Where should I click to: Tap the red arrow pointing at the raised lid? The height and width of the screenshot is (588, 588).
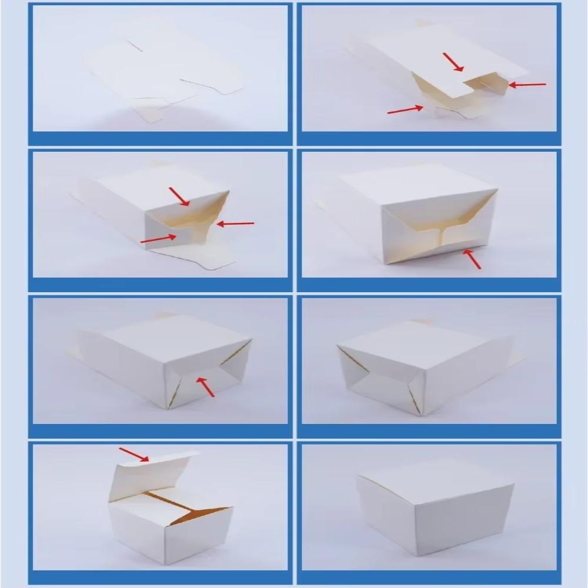[133, 455]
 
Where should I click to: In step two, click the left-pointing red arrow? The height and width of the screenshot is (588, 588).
[527, 85]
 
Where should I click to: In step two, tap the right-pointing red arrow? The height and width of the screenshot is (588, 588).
[405, 109]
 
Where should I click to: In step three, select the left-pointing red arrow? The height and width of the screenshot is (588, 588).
[235, 223]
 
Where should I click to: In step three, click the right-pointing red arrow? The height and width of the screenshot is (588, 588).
[158, 239]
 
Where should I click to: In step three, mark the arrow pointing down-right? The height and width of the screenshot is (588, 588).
[179, 196]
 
